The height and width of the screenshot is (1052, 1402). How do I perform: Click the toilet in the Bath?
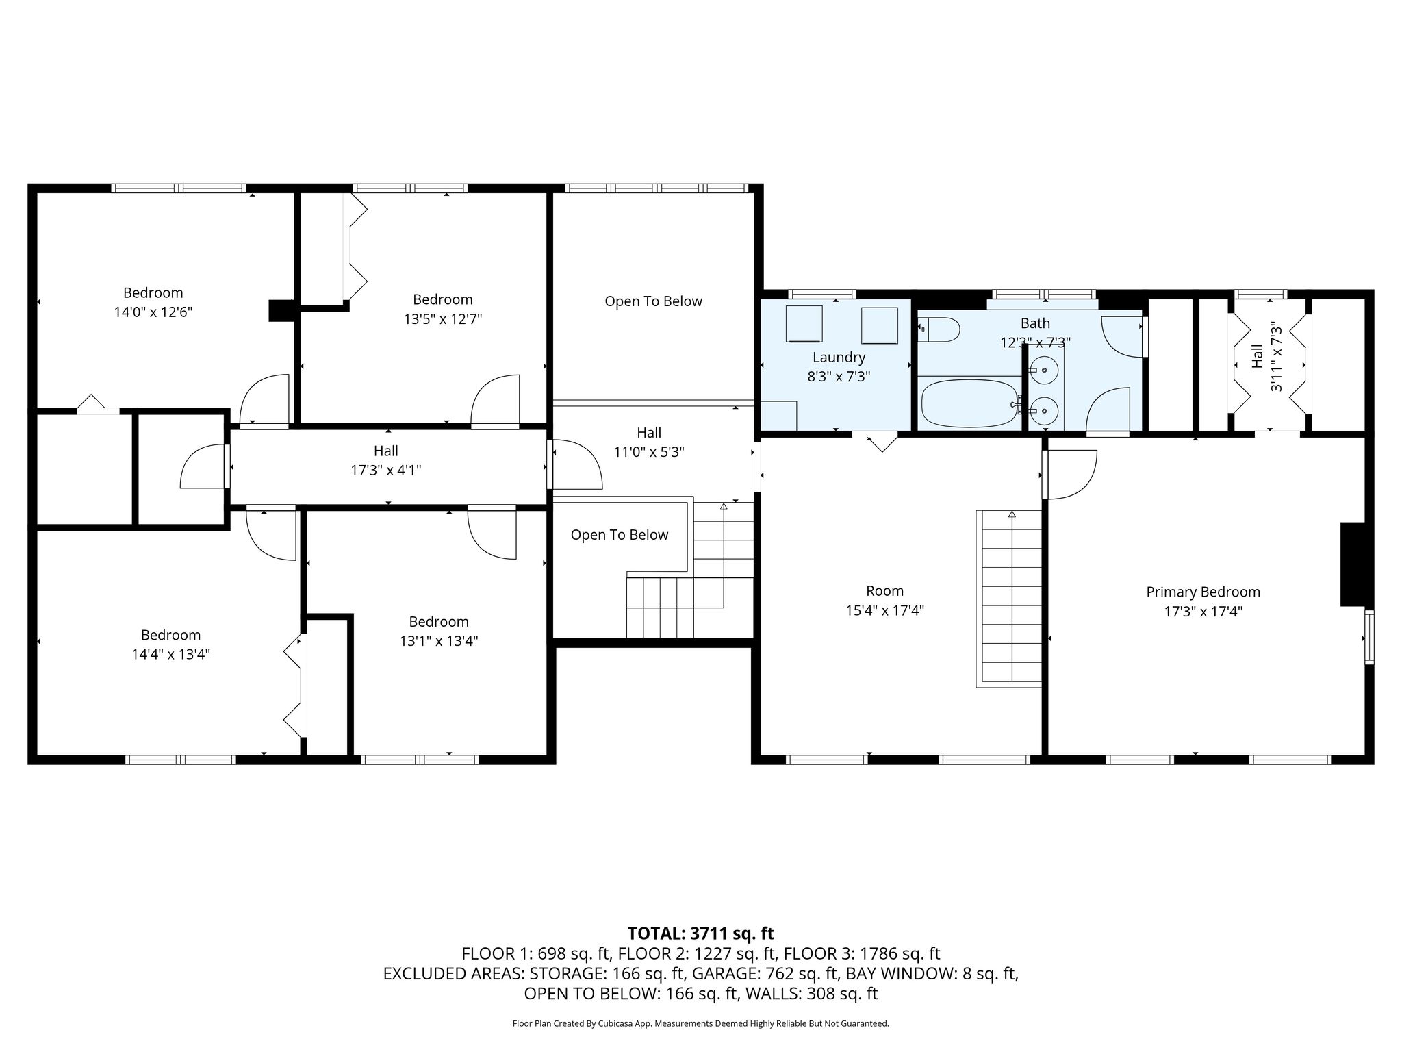point(939,330)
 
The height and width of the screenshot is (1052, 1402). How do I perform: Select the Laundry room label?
point(839,357)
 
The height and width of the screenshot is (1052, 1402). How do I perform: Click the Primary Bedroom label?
point(1203,592)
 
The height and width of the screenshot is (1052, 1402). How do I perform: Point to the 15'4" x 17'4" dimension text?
point(884,610)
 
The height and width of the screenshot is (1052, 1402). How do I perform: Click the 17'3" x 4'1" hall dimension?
point(386,471)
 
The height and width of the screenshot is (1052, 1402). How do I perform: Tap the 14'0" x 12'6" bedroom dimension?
point(153,312)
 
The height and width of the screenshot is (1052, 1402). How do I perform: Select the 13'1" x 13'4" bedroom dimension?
point(439,641)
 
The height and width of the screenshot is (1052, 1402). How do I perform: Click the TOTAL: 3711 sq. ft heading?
point(700,933)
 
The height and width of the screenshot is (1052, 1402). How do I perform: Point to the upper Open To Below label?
point(653,301)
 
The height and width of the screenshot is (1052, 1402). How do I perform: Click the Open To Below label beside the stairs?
point(619,535)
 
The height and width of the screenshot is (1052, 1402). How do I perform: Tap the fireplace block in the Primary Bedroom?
point(1353,564)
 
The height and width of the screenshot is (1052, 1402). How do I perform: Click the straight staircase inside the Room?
point(1012,599)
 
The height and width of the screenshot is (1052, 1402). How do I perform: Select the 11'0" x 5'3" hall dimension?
point(649,452)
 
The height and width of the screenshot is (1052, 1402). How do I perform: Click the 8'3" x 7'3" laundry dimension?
point(839,376)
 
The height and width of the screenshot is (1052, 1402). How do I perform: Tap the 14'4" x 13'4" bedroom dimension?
point(170,654)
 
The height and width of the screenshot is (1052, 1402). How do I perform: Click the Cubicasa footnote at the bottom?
point(700,1024)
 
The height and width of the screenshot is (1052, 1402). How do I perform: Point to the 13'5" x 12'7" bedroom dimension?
point(443,319)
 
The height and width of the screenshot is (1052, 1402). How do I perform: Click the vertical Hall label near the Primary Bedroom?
point(1258,356)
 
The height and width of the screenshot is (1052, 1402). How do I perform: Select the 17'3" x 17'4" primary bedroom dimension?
point(1203,611)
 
